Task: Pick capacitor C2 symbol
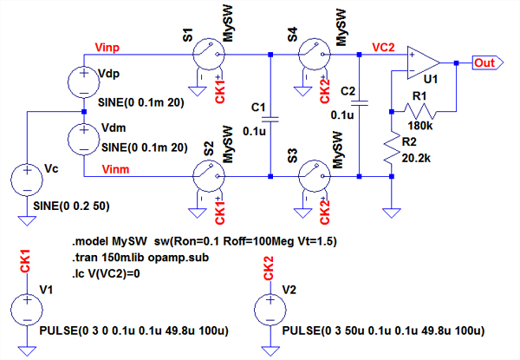361,102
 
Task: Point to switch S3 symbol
310,177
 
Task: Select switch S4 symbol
310,57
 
